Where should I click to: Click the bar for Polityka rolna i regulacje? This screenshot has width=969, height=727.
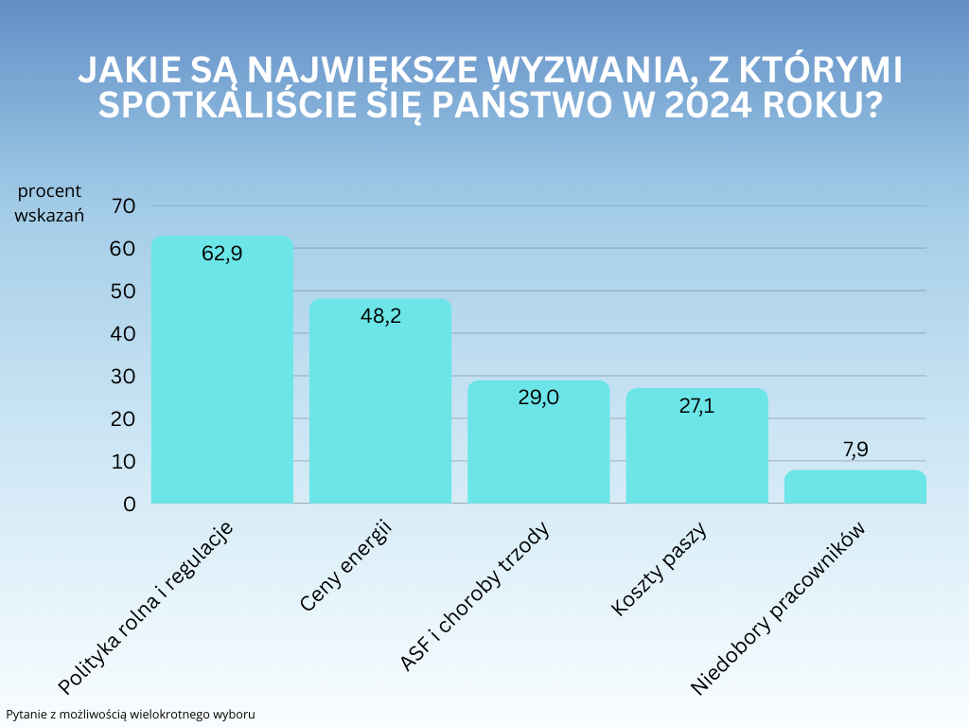tap(221, 379)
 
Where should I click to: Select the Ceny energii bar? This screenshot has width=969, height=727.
tap(380, 407)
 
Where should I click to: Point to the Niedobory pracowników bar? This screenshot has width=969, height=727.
tap(854, 487)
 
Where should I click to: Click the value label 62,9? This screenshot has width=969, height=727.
tap(222, 254)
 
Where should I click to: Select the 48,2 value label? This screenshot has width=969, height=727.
tap(380, 316)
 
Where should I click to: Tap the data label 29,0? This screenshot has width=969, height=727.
tap(538, 398)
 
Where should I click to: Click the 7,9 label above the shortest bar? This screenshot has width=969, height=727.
tap(855, 450)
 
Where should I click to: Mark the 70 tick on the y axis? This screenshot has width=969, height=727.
tap(124, 205)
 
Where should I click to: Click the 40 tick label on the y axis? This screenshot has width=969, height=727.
tap(124, 333)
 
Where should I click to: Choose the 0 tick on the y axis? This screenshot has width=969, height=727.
tap(130, 504)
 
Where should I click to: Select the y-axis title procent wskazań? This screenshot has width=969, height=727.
tap(50, 203)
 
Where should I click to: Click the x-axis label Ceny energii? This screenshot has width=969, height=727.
tap(347, 565)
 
